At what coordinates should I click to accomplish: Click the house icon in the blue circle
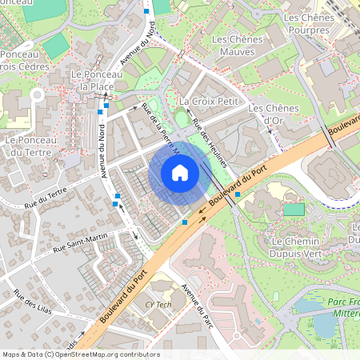[180, 172]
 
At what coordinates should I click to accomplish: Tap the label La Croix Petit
[210, 102]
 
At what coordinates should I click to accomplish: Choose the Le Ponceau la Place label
[97, 80]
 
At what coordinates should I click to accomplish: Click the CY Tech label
[158, 305]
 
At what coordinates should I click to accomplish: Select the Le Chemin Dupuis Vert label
[296, 247]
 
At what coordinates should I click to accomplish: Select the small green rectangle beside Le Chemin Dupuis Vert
[294, 210]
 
